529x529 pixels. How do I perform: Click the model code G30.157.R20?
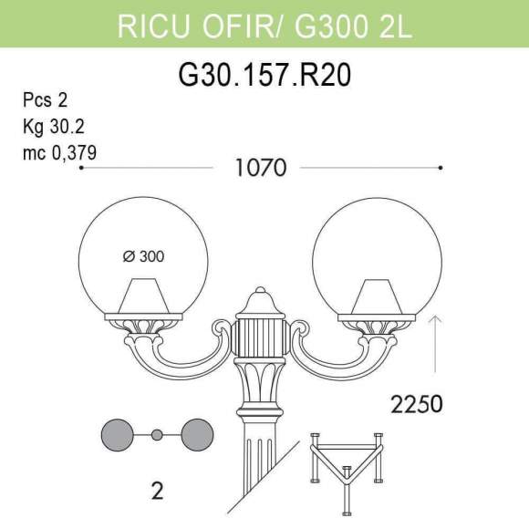coord(264,76)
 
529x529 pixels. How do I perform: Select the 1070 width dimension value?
coord(261,168)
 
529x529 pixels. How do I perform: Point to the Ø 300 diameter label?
coord(143,257)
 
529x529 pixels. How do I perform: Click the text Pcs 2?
coord(45,100)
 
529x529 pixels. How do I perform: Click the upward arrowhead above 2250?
coord(436,317)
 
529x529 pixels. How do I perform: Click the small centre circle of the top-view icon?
coord(157,435)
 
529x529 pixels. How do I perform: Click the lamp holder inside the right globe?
coord(376,298)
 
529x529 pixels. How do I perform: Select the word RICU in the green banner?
coord(150,26)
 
